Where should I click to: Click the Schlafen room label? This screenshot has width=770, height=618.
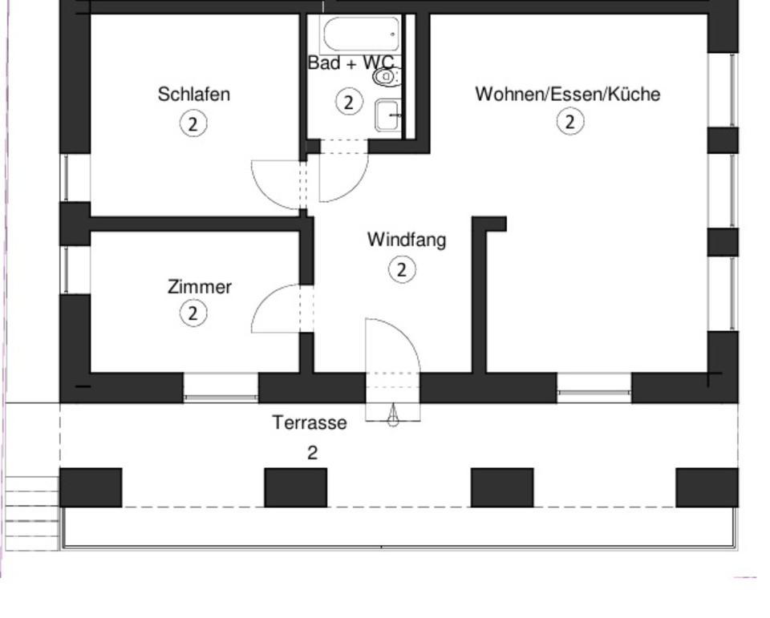tap(193, 95)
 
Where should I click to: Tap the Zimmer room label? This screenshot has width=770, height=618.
tap(199, 287)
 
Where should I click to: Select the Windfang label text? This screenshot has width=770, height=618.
tap(406, 240)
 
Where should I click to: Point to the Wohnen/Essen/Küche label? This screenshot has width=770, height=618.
tap(567, 95)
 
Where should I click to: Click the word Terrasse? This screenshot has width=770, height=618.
tap(309, 422)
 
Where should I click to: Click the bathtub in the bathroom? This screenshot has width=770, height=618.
tap(360, 34)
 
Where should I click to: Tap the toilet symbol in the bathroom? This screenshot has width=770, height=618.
tap(387, 78)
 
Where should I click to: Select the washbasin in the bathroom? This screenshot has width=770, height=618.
tap(388, 115)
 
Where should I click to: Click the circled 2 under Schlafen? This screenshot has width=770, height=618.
tap(192, 124)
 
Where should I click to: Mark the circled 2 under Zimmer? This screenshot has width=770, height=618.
tap(192, 313)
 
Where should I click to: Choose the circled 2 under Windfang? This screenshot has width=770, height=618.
tap(402, 270)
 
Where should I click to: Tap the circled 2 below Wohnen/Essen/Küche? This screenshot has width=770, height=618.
tap(570, 122)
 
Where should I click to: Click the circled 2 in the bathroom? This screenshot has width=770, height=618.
tap(348, 103)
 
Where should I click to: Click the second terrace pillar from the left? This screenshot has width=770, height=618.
tap(296, 487)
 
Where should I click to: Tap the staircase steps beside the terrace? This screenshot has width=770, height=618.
tap(32, 513)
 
